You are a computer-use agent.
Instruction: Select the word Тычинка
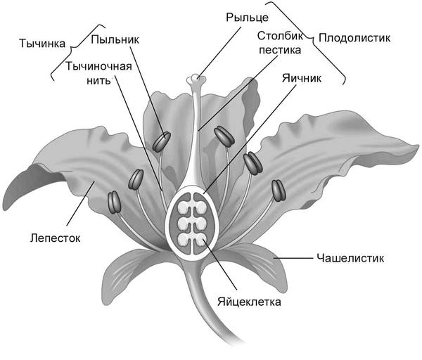coord(39,43)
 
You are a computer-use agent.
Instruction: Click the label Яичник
coord(301,79)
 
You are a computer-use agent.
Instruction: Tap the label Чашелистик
coord(349,258)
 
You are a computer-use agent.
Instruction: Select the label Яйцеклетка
coord(249,302)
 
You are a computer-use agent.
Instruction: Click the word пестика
coord(279,50)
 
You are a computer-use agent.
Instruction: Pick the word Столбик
coord(279,36)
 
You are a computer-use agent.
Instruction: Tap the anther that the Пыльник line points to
coord(163,141)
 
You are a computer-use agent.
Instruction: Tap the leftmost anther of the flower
coord(115,202)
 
